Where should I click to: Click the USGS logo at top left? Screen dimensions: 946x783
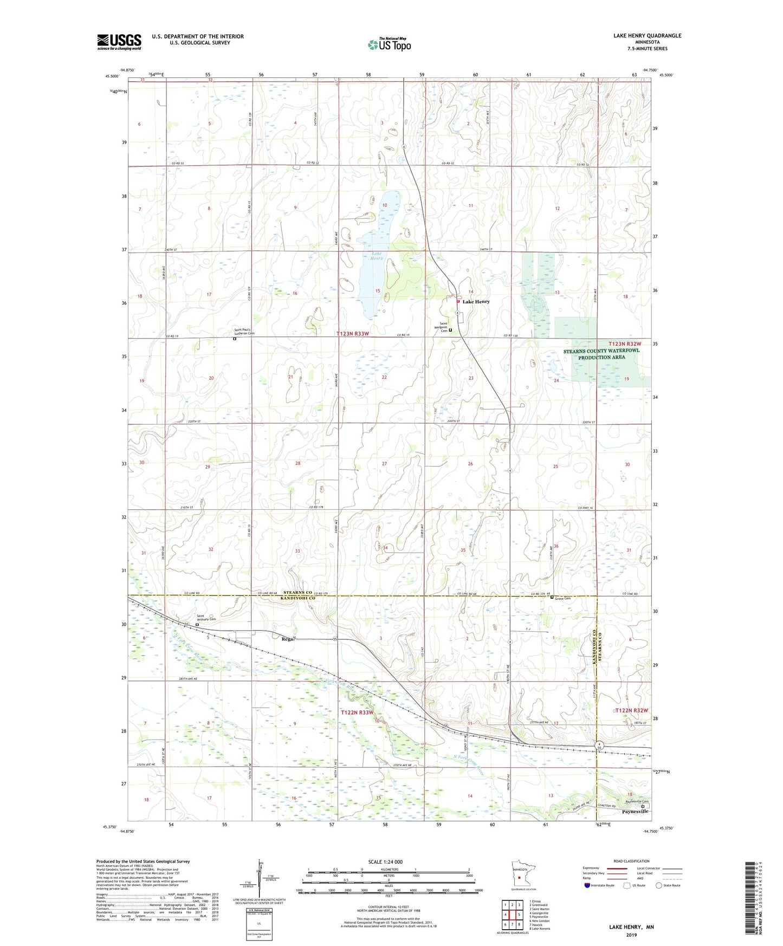pos(119,42)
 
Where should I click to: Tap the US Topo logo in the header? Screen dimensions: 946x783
pos(389,44)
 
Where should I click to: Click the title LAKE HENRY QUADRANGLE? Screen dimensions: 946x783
pos(647,36)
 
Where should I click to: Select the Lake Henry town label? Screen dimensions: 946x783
pos(476,302)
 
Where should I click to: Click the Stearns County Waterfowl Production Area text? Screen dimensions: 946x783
pos(601,354)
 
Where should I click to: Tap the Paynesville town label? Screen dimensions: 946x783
pos(635,812)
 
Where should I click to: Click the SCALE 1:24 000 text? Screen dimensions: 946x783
pos(385,861)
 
